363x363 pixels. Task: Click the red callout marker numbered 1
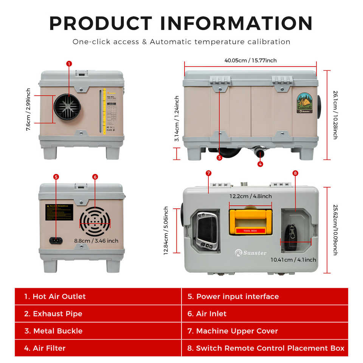69,64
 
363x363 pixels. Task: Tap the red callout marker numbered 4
260,164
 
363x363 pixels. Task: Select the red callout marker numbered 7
208,173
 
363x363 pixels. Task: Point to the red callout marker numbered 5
56,177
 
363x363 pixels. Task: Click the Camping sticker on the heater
304,103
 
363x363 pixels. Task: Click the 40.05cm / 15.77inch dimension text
250,60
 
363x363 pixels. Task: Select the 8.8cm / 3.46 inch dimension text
96,240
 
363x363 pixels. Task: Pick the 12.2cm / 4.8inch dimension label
250,196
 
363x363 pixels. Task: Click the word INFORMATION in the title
236,23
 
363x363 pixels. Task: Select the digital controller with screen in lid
207,231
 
